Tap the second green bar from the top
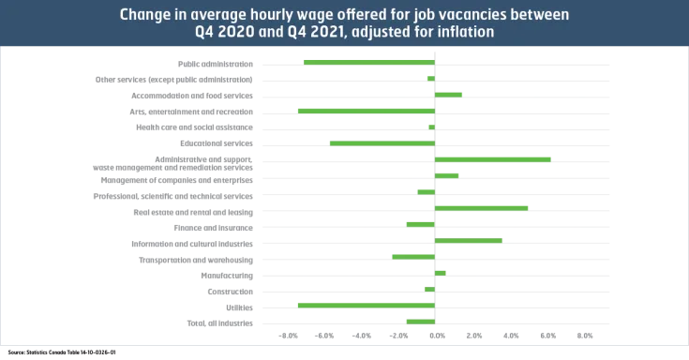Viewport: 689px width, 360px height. click(x=431, y=79)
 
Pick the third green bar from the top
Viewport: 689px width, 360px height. click(x=449, y=95)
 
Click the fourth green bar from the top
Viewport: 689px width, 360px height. click(x=366, y=111)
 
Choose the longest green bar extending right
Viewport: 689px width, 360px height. click(x=493, y=159)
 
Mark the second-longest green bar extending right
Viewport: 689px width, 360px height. click(x=483, y=207)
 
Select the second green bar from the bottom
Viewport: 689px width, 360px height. click(x=366, y=305)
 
